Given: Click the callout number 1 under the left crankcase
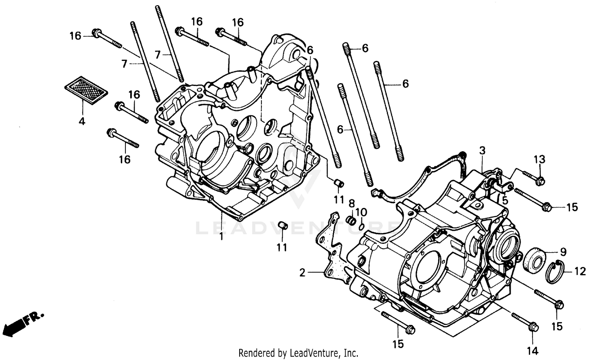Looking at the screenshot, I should (221, 237).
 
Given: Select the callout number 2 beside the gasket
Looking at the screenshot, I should (302, 273).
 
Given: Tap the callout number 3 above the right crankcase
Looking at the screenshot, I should (482, 151).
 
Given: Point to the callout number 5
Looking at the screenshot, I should (505, 201).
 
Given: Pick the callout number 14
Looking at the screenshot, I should (533, 350).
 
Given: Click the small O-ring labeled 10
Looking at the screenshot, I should (361, 226).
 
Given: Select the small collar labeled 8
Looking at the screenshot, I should (351, 220).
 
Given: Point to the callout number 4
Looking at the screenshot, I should (82, 122).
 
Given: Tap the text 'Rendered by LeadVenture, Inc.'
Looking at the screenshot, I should (298, 353).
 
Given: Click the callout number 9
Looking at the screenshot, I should (563, 251).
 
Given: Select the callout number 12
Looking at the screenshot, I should (580, 271).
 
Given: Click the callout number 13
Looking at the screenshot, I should (539, 160).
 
